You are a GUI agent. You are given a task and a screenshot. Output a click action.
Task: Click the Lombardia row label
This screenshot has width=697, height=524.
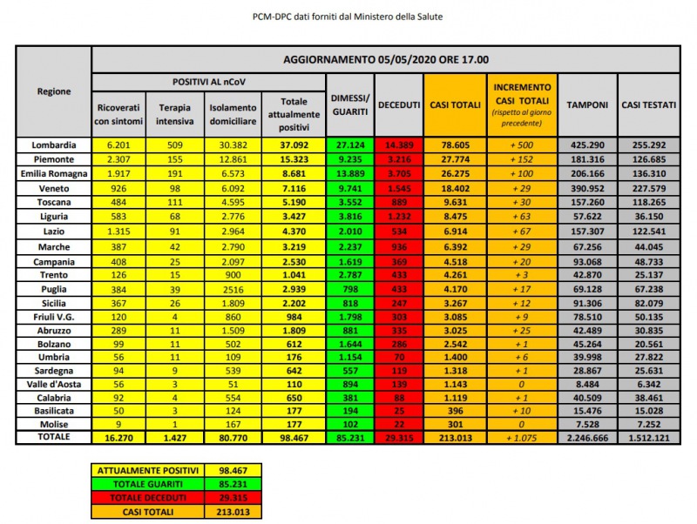point(54,144)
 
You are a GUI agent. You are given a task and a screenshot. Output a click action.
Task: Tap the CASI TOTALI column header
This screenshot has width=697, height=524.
point(454,104)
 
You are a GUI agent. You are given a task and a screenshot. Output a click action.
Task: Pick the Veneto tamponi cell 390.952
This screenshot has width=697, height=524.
point(586,187)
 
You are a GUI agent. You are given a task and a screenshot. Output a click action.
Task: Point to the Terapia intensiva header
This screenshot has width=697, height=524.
point(174,113)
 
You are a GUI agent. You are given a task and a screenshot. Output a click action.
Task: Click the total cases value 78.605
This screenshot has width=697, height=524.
point(454,144)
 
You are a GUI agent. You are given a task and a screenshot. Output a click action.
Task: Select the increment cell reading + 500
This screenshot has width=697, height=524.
point(521,144)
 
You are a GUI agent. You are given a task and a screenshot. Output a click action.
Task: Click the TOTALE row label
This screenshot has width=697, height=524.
point(54,438)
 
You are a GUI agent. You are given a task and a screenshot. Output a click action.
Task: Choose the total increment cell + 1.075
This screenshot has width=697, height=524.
point(521,438)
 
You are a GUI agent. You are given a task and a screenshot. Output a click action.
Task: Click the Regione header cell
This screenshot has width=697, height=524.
point(54,91)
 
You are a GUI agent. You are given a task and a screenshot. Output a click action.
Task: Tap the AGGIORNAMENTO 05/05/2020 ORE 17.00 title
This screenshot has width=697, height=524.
point(385,59)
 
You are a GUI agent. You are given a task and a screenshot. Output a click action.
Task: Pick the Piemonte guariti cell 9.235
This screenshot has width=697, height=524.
point(349,159)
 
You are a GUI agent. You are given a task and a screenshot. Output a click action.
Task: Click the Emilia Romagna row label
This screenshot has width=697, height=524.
point(54,173)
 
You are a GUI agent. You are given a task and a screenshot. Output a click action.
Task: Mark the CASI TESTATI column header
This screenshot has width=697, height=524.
point(648,104)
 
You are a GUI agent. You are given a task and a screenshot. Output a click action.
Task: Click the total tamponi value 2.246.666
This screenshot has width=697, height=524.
point(586,438)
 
